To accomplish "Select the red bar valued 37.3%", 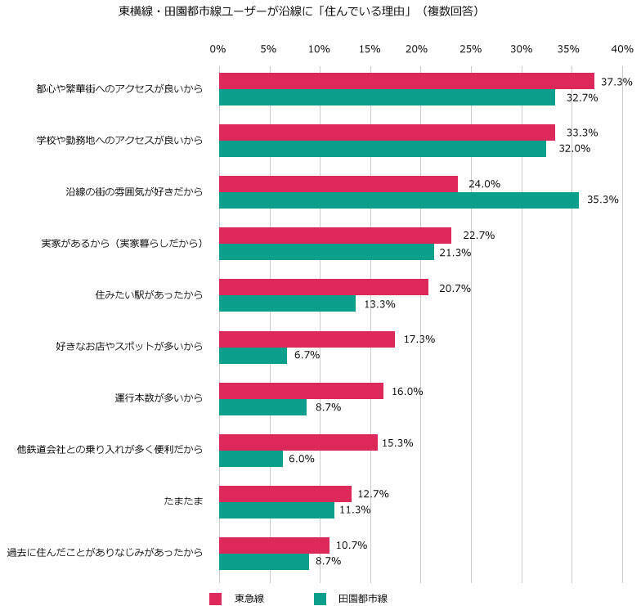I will [406, 81].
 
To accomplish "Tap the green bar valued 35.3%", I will [399, 200].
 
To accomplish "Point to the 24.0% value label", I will [484, 184].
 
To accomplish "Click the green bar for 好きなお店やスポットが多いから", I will [253, 356].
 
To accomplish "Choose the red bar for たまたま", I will [285, 493].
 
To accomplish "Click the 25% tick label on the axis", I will [470, 50].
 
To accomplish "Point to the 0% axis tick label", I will [217, 50].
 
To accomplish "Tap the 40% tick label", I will [621, 50].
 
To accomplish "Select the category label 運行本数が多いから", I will [159, 398].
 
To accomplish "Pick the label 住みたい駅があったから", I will [149, 294].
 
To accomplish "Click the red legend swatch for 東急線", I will [216, 599].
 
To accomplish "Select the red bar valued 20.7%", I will [324, 287].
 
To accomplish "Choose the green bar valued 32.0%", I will [383, 149].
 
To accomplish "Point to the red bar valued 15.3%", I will [298, 442].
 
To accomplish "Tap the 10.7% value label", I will [351, 545].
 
